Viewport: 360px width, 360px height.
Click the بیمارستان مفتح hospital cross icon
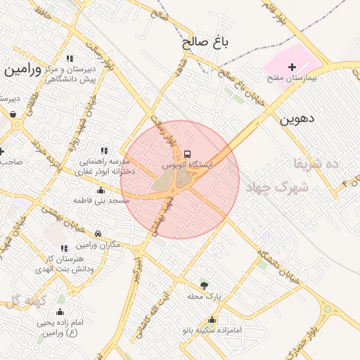click(x=292, y=67)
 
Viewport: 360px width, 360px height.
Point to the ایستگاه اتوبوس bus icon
click(x=186, y=153)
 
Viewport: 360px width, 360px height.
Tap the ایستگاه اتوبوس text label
click(x=187, y=164)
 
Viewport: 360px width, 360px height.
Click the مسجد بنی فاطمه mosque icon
click(x=101, y=190)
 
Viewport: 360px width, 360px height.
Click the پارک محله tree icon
click(x=204, y=285)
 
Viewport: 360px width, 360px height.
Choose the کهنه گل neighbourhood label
click(x=25, y=302)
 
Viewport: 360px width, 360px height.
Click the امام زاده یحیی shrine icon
click(x=60, y=312)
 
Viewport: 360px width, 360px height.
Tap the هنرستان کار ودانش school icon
click(x=65, y=248)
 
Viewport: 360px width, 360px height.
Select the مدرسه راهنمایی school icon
click(x=105, y=150)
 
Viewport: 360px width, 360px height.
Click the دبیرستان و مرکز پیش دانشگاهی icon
click(x=69, y=59)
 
